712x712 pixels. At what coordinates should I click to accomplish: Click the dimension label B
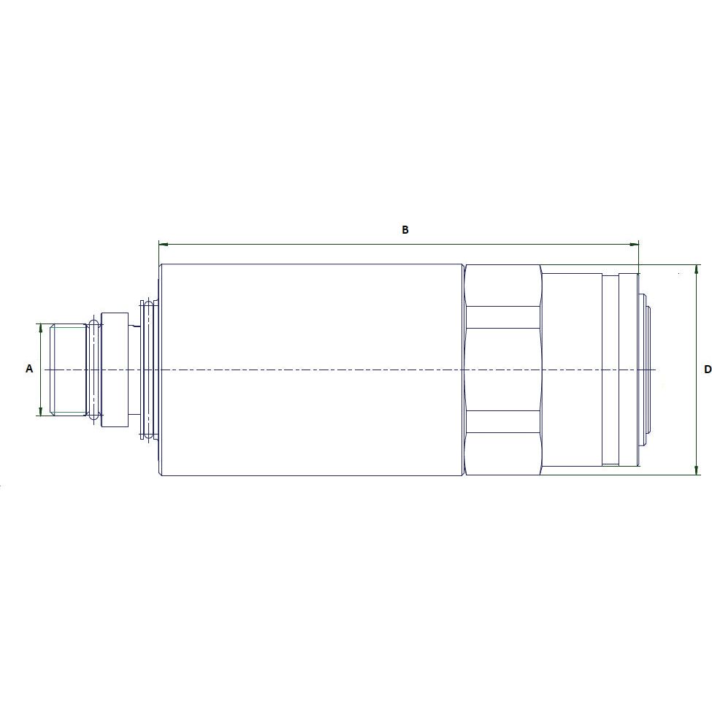(x=405, y=229)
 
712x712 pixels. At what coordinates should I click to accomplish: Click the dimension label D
(x=707, y=370)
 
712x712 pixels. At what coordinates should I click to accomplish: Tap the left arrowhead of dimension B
(x=163, y=243)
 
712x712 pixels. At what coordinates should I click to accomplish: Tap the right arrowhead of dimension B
(x=635, y=243)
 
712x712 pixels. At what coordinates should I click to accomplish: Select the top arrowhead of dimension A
(x=41, y=328)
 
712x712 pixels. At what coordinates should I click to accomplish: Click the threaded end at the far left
(x=68, y=370)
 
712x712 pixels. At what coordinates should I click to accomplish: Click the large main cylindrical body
(x=310, y=370)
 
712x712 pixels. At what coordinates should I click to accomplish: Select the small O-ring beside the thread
(x=93, y=370)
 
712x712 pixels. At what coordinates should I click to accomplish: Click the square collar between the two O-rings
(x=115, y=370)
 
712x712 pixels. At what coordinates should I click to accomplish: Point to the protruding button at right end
(x=643, y=370)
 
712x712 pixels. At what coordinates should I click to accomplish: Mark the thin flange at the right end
(x=628, y=370)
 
